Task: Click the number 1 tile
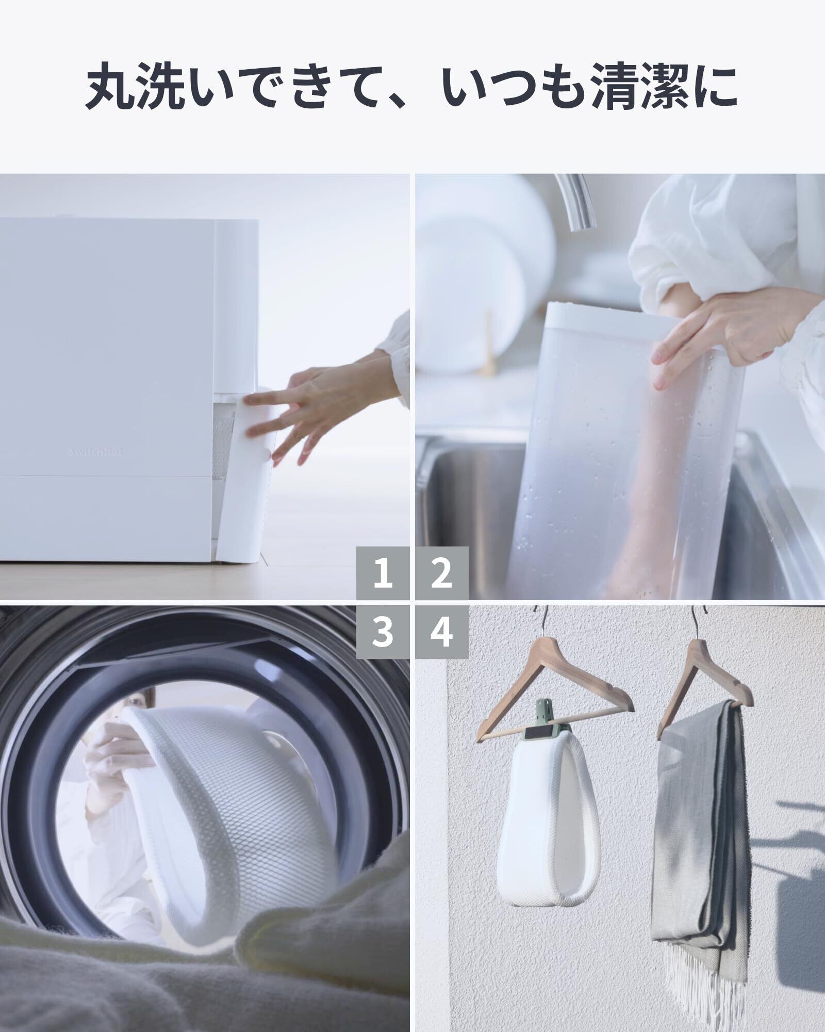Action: (383, 573)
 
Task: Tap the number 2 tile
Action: (442, 573)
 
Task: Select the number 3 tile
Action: (383, 632)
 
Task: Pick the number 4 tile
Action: (442, 632)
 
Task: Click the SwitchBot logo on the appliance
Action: (97, 451)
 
